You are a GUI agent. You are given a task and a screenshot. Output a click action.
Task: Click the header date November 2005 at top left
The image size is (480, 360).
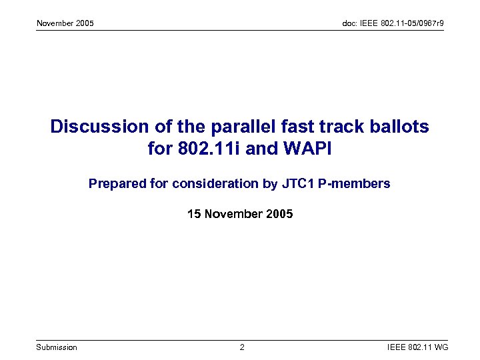click(65, 23)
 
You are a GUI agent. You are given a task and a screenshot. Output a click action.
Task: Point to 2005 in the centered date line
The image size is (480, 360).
click(279, 214)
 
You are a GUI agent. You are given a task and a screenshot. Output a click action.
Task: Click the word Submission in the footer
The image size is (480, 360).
click(57, 347)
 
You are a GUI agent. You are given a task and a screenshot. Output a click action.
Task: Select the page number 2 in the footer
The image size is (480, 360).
click(242, 347)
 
